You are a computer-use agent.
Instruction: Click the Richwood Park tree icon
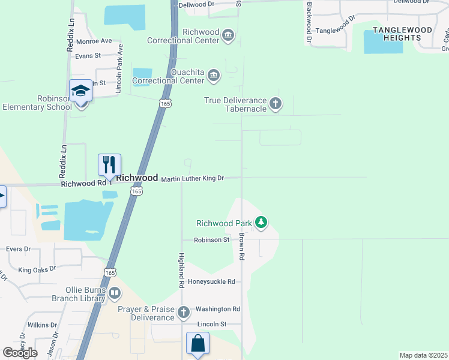(261, 223)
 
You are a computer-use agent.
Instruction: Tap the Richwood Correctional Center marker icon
(228, 35)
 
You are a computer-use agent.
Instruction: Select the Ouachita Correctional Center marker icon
(213, 76)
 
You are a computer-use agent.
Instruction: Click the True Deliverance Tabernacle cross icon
(275, 104)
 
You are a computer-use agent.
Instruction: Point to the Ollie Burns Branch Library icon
(114, 293)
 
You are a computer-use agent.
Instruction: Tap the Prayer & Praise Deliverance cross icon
(184, 312)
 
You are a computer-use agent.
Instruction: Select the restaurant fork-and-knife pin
(109, 165)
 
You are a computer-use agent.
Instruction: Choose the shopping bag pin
(197, 344)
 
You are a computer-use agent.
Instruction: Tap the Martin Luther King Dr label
(192, 178)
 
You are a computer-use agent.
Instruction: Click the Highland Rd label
(181, 271)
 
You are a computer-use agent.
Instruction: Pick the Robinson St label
(211, 239)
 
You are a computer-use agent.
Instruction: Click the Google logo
(20, 352)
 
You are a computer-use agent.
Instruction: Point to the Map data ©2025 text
(423, 355)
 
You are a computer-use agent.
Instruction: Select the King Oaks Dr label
(37, 271)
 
